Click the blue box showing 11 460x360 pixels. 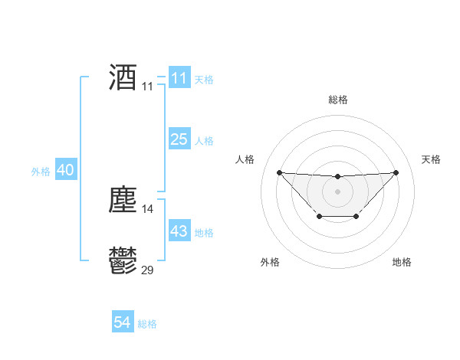click(x=179, y=78)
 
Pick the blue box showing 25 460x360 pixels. click(x=179, y=139)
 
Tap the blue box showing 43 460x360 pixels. click(x=179, y=231)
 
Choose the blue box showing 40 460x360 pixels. click(x=65, y=170)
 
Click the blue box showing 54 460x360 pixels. click(x=123, y=322)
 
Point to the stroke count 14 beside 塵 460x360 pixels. click(x=148, y=208)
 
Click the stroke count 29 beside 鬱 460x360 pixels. click(x=148, y=270)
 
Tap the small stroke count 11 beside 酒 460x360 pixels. click(x=148, y=87)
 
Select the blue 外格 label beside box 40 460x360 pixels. click(x=41, y=172)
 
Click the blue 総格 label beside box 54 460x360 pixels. click(x=147, y=324)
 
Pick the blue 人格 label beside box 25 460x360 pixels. click(x=204, y=141)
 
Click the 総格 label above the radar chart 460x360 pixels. click(x=337, y=100)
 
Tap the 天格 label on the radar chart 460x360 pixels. click(x=432, y=159)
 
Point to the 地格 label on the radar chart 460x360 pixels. click(x=402, y=262)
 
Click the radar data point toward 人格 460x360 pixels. click(x=279, y=172)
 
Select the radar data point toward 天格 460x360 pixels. click(x=396, y=172)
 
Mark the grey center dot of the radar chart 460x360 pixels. click(x=337, y=191)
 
